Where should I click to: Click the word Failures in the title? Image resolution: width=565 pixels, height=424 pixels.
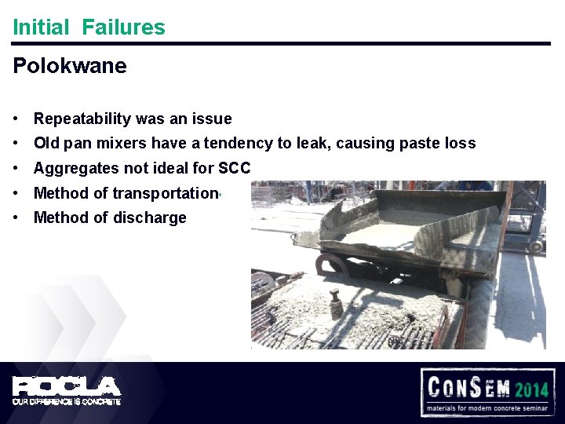point(123,27)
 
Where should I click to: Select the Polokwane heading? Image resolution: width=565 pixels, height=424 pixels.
point(70,66)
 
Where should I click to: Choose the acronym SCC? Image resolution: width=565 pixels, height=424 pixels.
point(235,168)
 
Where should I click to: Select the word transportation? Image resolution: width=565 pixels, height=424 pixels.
point(166,193)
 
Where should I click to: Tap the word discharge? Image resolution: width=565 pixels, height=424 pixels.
point(148,217)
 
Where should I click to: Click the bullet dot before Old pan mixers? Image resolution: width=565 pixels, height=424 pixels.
point(16,144)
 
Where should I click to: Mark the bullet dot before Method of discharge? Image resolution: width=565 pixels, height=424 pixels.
point(16,217)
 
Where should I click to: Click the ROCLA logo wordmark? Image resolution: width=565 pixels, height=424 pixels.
point(67,386)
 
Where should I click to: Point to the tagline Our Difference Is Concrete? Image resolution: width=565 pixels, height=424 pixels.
point(67,401)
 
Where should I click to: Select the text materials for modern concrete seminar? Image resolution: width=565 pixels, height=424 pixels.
point(488,408)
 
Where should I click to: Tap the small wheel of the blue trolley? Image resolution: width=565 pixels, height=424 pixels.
point(536,246)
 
